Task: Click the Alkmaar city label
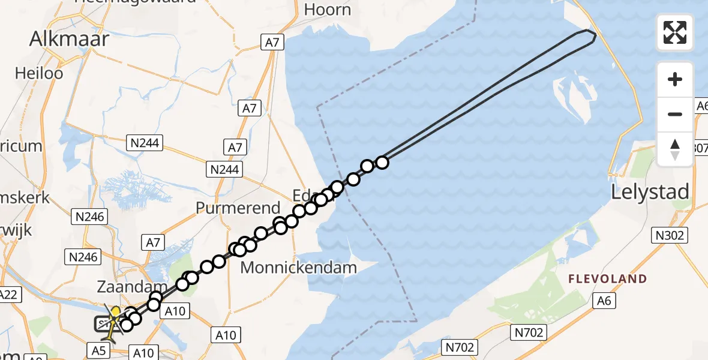click(70, 40)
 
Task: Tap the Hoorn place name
click(327, 10)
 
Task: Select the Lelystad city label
click(650, 193)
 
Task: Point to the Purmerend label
click(238, 208)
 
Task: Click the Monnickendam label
click(298, 268)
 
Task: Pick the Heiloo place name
click(40, 74)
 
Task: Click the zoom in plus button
click(675, 79)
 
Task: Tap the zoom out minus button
click(675, 114)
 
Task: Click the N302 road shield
click(670, 235)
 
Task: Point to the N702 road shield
click(459, 347)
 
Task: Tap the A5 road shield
click(100, 350)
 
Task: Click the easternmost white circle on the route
click(382, 162)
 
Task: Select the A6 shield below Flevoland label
click(604, 301)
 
